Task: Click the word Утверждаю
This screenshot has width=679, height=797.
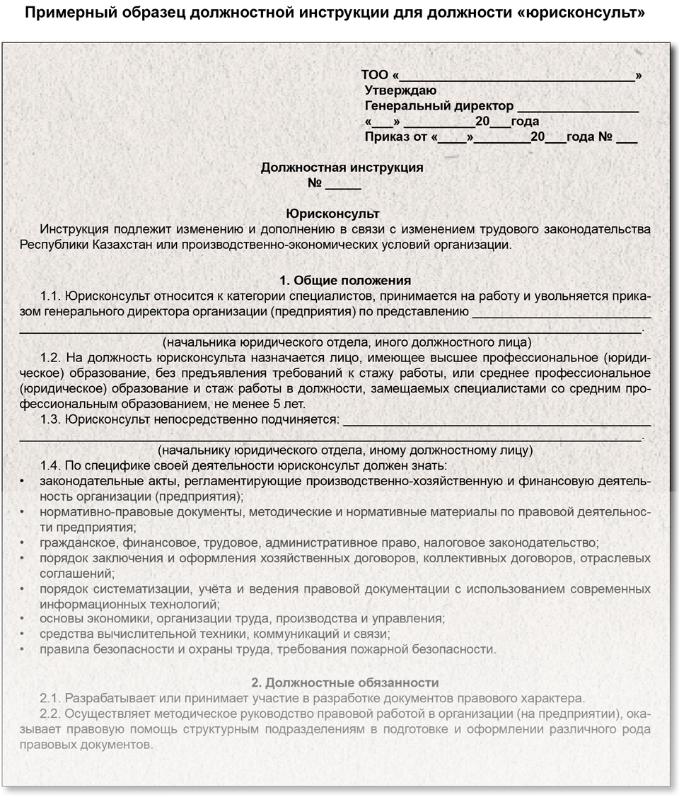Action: click(x=400, y=91)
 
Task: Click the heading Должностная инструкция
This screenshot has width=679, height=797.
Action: click(x=342, y=168)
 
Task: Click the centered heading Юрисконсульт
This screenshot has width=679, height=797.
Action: click(x=332, y=214)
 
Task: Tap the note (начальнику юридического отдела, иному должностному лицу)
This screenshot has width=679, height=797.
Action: click(x=345, y=450)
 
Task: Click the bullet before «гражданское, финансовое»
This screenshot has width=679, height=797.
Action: click(x=23, y=543)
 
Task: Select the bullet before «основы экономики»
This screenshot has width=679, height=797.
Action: click(x=23, y=618)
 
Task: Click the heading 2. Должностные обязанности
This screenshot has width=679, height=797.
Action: click(x=345, y=682)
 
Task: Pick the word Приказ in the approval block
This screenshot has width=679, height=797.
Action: click(x=386, y=137)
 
